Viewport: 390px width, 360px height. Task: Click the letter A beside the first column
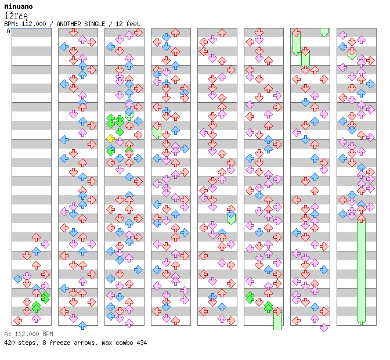(8, 31)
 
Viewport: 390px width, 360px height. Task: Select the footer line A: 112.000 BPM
(28, 334)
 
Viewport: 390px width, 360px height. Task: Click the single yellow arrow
(110, 138)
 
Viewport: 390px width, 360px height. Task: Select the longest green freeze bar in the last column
(361, 270)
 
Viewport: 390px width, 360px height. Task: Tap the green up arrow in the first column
(36, 306)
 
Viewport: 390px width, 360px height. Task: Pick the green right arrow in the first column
(45, 297)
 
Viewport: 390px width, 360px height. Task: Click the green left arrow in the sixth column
(250, 297)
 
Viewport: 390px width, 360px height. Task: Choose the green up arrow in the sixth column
(268, 306)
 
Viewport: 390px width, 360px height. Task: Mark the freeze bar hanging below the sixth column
(277, 321)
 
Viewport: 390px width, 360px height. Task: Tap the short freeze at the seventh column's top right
(324, 32)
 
